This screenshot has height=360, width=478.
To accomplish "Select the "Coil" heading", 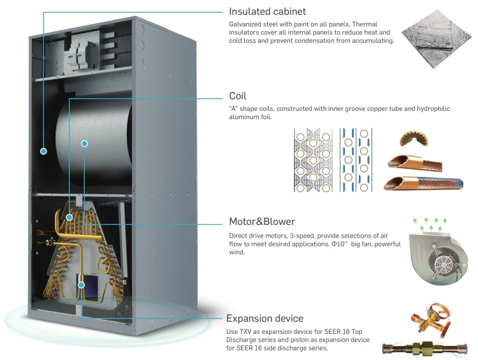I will click(237, 96).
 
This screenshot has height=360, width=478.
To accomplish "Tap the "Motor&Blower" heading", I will click(261, 222).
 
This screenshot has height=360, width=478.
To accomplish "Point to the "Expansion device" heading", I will click(264, 318).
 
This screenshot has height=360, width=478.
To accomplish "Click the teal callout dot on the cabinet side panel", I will click(43, 151).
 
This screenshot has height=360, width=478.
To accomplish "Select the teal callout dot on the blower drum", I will click(84, 143).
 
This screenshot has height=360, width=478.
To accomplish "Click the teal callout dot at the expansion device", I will click(82, 284).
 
